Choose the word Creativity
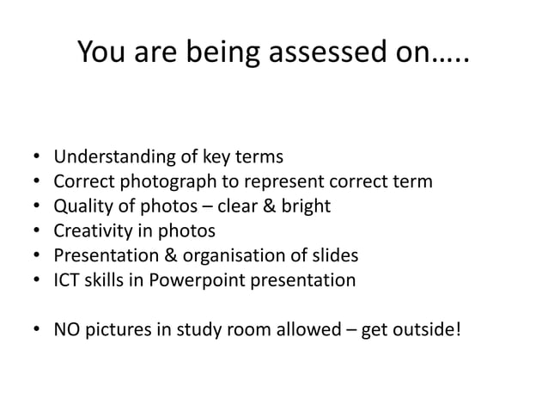pos(93,230)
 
